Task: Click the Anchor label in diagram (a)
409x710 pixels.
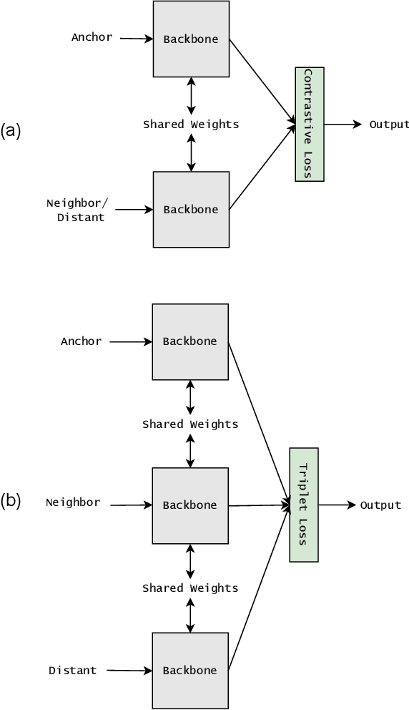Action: click(92, 37)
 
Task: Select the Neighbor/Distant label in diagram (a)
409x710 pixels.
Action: click(78, 210)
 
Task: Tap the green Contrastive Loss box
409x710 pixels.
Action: click(309, 125)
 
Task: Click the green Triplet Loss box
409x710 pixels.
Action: click(303, 505)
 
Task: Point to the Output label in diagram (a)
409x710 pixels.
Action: click(389, 125)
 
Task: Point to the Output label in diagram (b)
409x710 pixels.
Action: click(380, 505)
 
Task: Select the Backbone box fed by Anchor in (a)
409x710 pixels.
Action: click(191, 39)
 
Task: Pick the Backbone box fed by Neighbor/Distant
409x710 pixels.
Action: click(191, 210)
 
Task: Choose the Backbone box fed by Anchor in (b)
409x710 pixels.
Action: click(189, 342)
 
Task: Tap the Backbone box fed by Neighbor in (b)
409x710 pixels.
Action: click(189, 505)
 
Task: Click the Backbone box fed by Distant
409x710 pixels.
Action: click(189, 671)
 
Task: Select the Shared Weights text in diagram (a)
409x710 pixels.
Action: click(191, 125)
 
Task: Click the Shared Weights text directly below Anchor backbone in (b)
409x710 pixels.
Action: click(190, 424)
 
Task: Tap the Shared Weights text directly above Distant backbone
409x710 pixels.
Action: click(190, 588)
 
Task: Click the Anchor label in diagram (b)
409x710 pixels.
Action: click(81, 341)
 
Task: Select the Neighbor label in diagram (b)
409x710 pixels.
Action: click(73, 502)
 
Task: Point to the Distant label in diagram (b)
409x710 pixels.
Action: click(72, 671)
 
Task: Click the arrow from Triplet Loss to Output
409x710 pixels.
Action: click(336, 505)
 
